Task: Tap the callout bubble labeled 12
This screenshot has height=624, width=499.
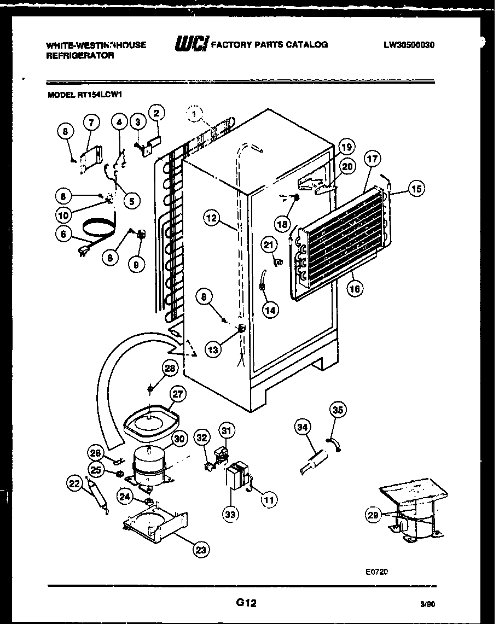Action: click(211, 218)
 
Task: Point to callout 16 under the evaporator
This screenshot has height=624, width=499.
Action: click(355, 289)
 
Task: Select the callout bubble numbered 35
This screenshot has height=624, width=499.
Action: click(338, 409)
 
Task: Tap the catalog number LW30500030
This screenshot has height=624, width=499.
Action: click(409, 45)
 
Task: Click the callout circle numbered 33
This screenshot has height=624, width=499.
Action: click(230, 514)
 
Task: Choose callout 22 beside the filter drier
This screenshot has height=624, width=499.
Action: click(74, 483)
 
